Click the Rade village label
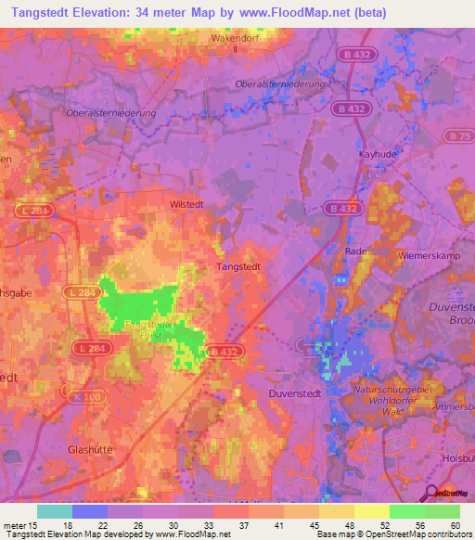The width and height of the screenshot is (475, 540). coord(356,251)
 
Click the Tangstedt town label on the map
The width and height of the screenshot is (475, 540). coord(237,265)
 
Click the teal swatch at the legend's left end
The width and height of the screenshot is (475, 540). coord(54,511)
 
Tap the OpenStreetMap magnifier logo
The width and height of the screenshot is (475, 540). coord(430,493)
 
